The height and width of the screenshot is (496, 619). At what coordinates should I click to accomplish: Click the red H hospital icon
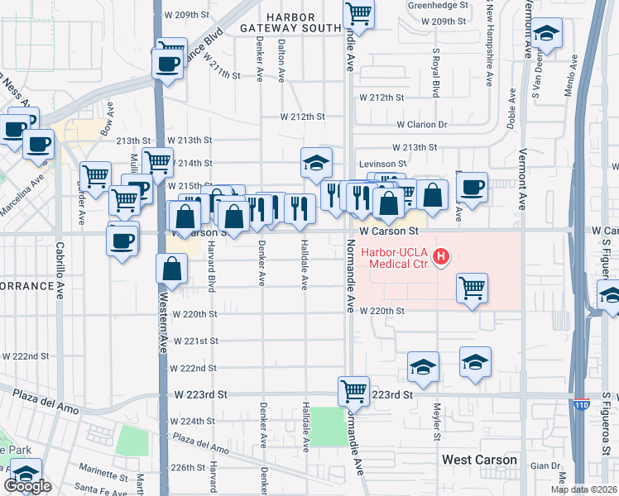tap(441, 257)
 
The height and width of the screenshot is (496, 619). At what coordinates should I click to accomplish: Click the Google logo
tap(27, 486)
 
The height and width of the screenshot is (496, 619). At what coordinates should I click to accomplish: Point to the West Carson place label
tap(479, 460)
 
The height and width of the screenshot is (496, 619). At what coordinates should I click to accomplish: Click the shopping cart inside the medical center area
tap(472, 288)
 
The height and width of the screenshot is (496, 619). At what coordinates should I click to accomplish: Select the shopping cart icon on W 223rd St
tap(353, 389)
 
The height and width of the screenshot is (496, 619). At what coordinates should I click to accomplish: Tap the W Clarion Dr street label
tap(421, 125)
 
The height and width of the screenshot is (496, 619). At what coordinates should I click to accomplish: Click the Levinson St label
tap(382, 165)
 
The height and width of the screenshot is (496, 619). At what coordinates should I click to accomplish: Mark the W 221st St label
tap(194, 341)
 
